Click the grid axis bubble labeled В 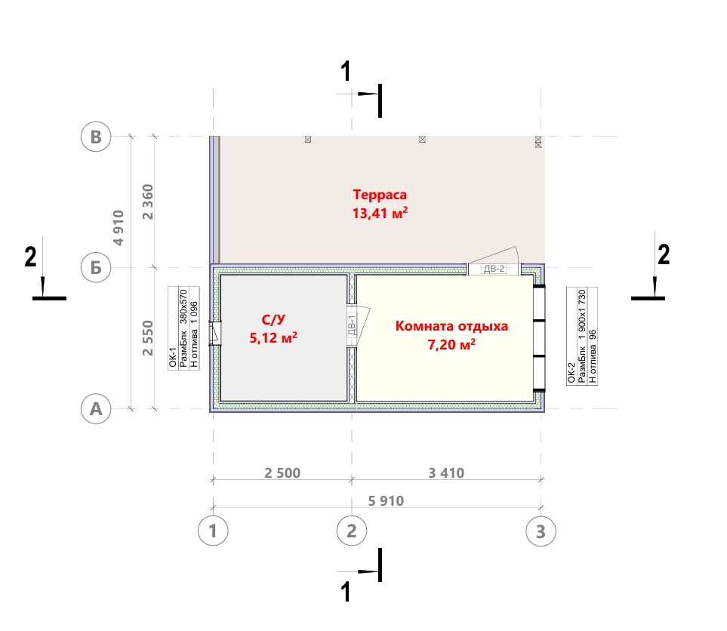click(96, 137)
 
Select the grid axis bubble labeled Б click(96, 267)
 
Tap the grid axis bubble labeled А click(96, 409)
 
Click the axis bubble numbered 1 click(213, 531)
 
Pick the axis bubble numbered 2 click(352, 531)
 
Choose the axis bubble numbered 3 click(541, 531)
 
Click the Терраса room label click(380, 195)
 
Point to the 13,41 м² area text click(380, 214)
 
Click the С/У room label click(273, 319)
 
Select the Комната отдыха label click(451, 326)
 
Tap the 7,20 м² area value click(451, 344)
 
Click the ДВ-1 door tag click(352, 325)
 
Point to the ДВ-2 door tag click(494, 269)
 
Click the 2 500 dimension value click(282, 473)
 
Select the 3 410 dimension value click(446, 473)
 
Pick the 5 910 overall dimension click(386, 500)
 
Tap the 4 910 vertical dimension click(119, 228)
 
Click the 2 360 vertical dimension click(147, 202)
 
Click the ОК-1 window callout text click(173, 358)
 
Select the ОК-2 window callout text click(571, 373)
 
